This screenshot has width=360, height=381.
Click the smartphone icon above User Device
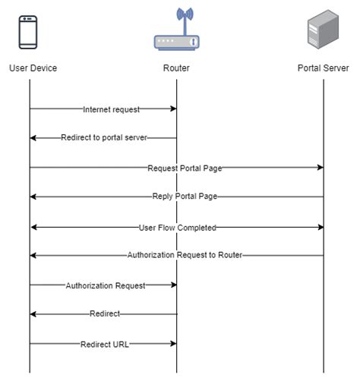(x=30, y=32)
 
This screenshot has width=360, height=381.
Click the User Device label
(x=33, y=68)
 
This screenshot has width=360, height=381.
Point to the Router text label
(x=176, y=68)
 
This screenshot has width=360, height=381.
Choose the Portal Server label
(x=323, y=68)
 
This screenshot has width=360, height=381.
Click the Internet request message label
(x=111, y=109)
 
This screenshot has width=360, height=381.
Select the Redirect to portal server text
(x=104, y=138)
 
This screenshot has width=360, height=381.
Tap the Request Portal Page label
(x=185, y=168)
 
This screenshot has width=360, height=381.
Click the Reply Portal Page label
(x=185, y=197)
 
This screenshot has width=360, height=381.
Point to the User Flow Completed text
(x=178, y=227)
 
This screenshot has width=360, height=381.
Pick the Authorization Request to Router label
(x=185, y=256)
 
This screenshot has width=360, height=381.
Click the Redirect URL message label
(x=105, y=344)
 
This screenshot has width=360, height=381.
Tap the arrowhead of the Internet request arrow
(x=173, y=109)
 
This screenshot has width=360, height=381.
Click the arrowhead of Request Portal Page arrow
(x=320, y=168)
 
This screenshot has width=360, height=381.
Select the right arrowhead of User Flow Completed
(x=320, y=227)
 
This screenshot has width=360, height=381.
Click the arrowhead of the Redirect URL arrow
(x=173, y=344)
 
